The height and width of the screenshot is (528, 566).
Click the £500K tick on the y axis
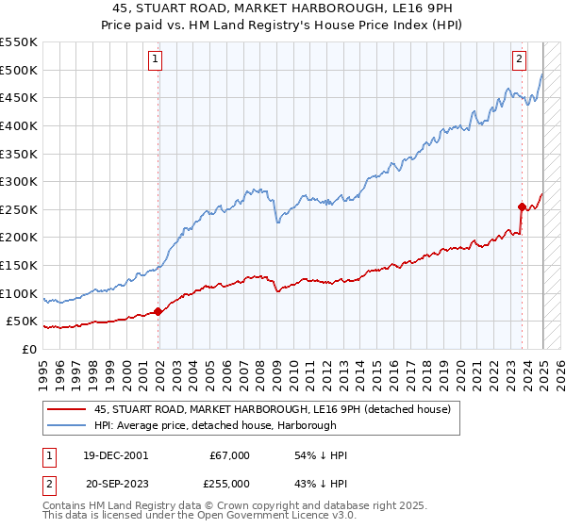point(19,70)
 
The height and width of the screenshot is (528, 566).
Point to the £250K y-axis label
point(19,209)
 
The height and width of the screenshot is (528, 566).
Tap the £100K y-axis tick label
point(19,293)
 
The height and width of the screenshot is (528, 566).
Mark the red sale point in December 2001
point(158,312)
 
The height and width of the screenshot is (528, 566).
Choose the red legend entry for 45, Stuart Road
point(273,409)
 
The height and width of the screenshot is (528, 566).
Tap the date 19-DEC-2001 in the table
point(115,455)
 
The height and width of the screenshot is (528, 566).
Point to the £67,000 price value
point(229,455)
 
